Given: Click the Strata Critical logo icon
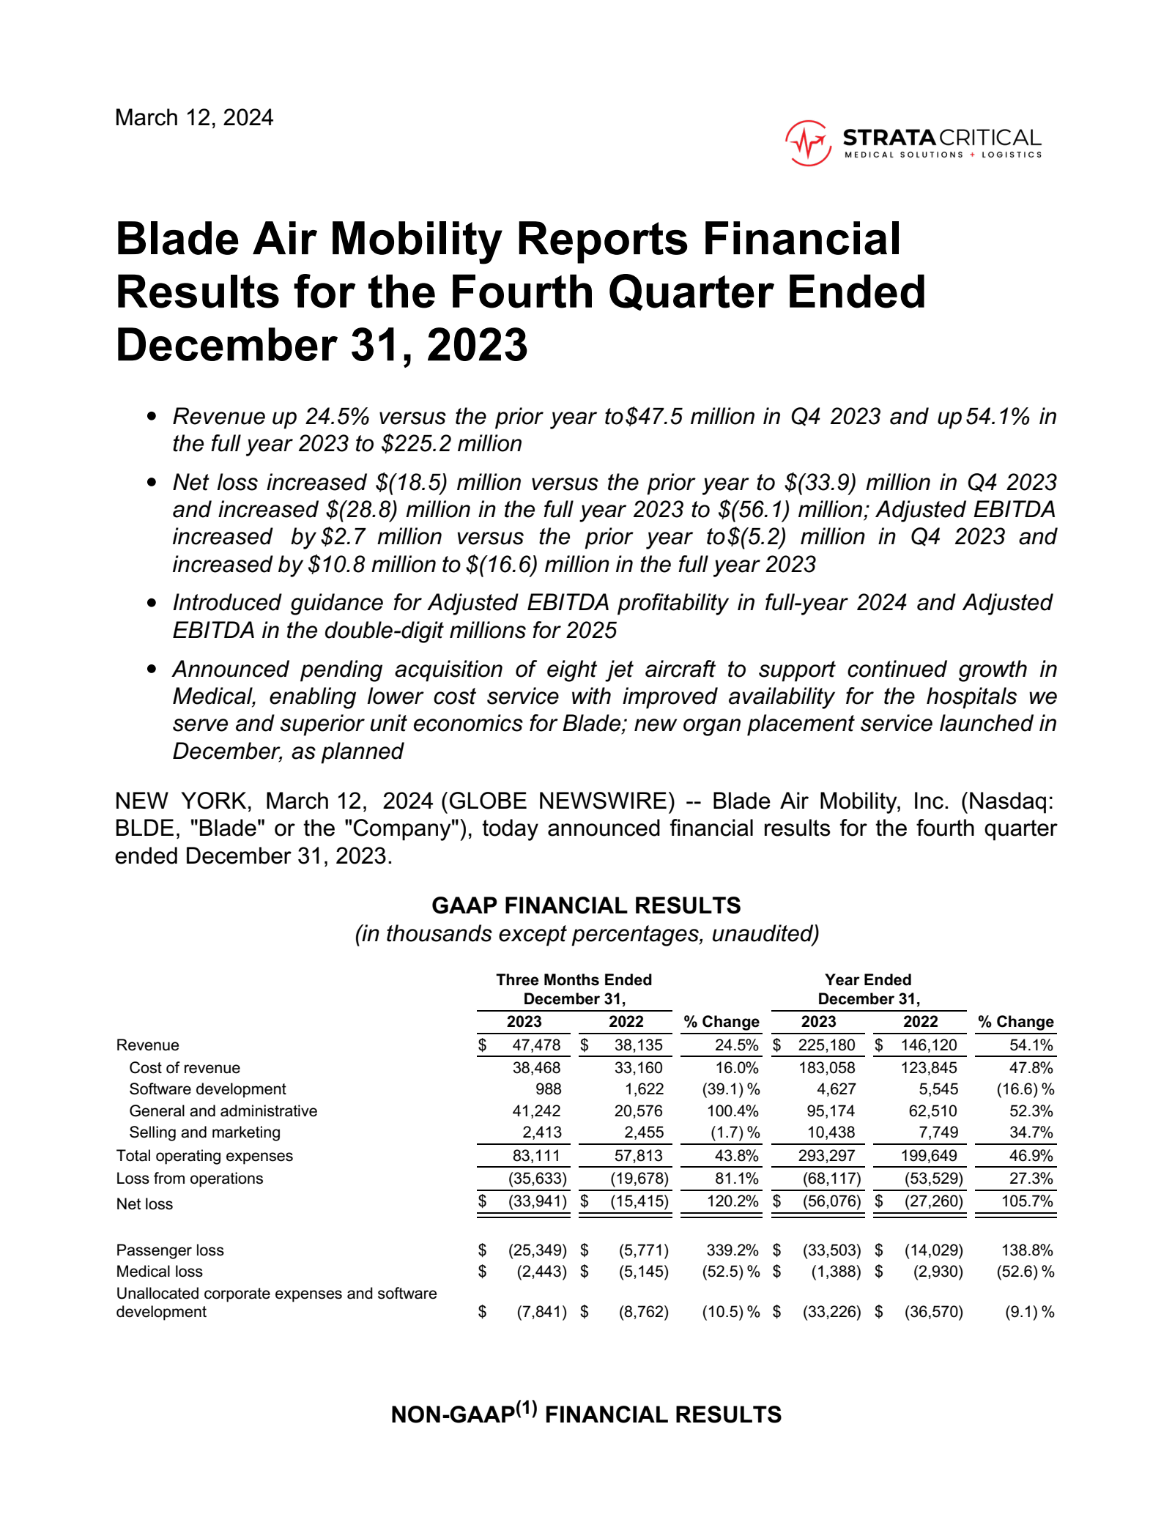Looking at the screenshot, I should pyautogui.click(x=808, y=143).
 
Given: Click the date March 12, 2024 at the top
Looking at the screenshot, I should pyautogui.click(x=194, y=118).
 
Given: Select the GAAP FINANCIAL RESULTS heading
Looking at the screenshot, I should pyautogui.click(x=586, y=906).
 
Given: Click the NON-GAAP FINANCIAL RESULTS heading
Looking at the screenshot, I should pyautogui.click(x=586, y=1414).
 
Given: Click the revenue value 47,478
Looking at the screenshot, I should pyautogui.click(x=536, y=1045).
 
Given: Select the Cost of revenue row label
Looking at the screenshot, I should pyautogui.click(x=185, y=1068).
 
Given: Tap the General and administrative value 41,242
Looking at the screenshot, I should pyautogui.click(x=536, y=1111).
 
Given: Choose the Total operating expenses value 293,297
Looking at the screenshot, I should pyautogui.click(x=831, y=1156).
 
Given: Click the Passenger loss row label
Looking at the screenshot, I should pyautogui.click(x=170, y=1250).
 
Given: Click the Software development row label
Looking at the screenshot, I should pyautogui.click(x=207, y=1089).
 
